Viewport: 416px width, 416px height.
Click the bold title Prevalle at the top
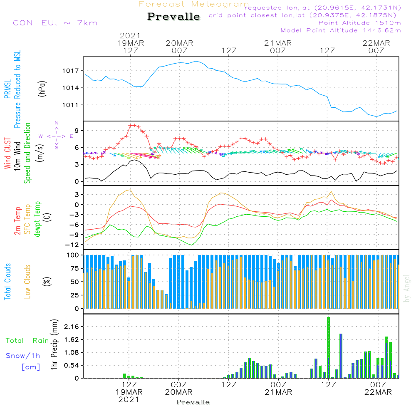(x=173, y=17)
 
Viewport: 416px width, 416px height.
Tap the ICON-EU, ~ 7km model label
(x=54, y=23)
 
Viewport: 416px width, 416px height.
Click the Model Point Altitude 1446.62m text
(x=341, y=30)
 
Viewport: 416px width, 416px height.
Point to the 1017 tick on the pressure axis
(x=71, y=71)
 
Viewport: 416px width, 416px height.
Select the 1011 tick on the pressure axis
(x=71, y=105)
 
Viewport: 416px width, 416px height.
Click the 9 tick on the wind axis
(x=77, y=131)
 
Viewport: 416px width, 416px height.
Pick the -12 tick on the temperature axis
(x=72, y=245)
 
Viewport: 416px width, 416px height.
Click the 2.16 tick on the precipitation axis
(x=72, y=327)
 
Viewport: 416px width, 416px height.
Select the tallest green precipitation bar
(x=329, y=347)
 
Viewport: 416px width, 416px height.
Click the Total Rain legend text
(x=27, y=341)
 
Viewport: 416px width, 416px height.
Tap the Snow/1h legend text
(x=23, y=356)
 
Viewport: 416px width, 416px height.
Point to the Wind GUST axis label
(x=7, y=153)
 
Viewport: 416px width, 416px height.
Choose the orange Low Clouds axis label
(x=27, y=282)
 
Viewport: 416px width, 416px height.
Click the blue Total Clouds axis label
(x=7, y=282)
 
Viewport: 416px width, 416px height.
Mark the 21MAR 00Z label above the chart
(x=278, y=47)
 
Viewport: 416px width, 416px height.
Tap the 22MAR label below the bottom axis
(x=378, y=392)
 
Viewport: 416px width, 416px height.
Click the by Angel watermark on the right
(x=407, y=288)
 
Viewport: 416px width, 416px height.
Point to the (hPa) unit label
(x=42, y=89)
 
